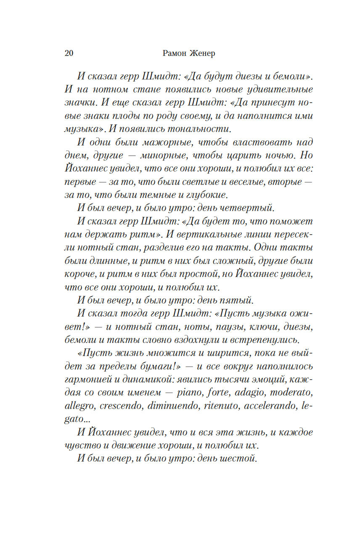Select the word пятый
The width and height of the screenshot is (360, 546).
click(238, 300)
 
